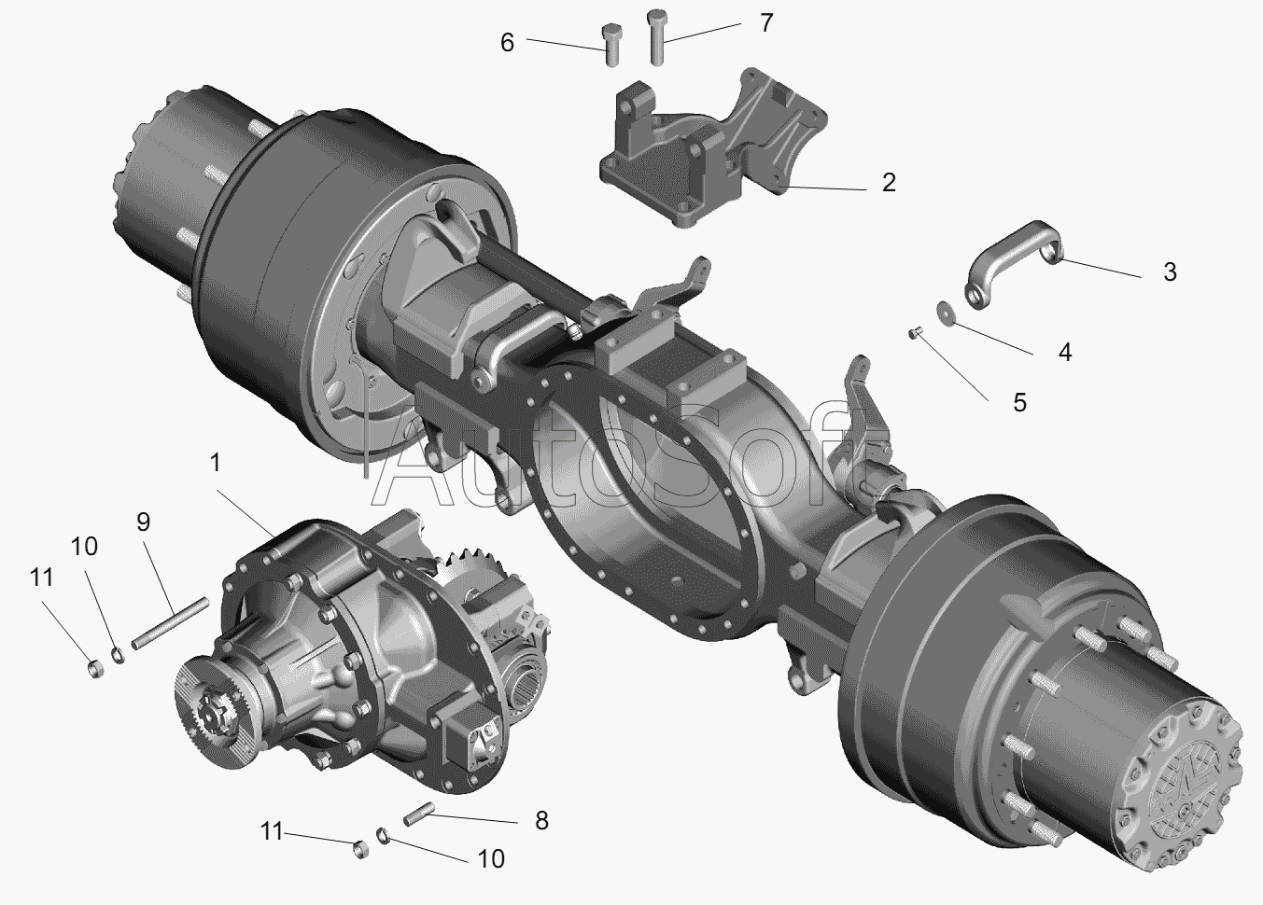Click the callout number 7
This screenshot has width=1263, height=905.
(765, 23)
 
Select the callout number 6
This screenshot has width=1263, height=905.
(507, 43)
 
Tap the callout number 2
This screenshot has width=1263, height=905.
(889, 183)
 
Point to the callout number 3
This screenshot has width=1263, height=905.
(1170, 272)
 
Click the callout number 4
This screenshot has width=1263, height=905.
(1064, 352)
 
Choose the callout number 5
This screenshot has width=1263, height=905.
(1019, 402)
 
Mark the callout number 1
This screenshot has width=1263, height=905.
(215, 463)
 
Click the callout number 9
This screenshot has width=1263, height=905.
(143, 522)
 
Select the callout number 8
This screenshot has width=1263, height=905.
(541, 821)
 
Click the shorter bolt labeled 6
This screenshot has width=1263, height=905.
(611, 45)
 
